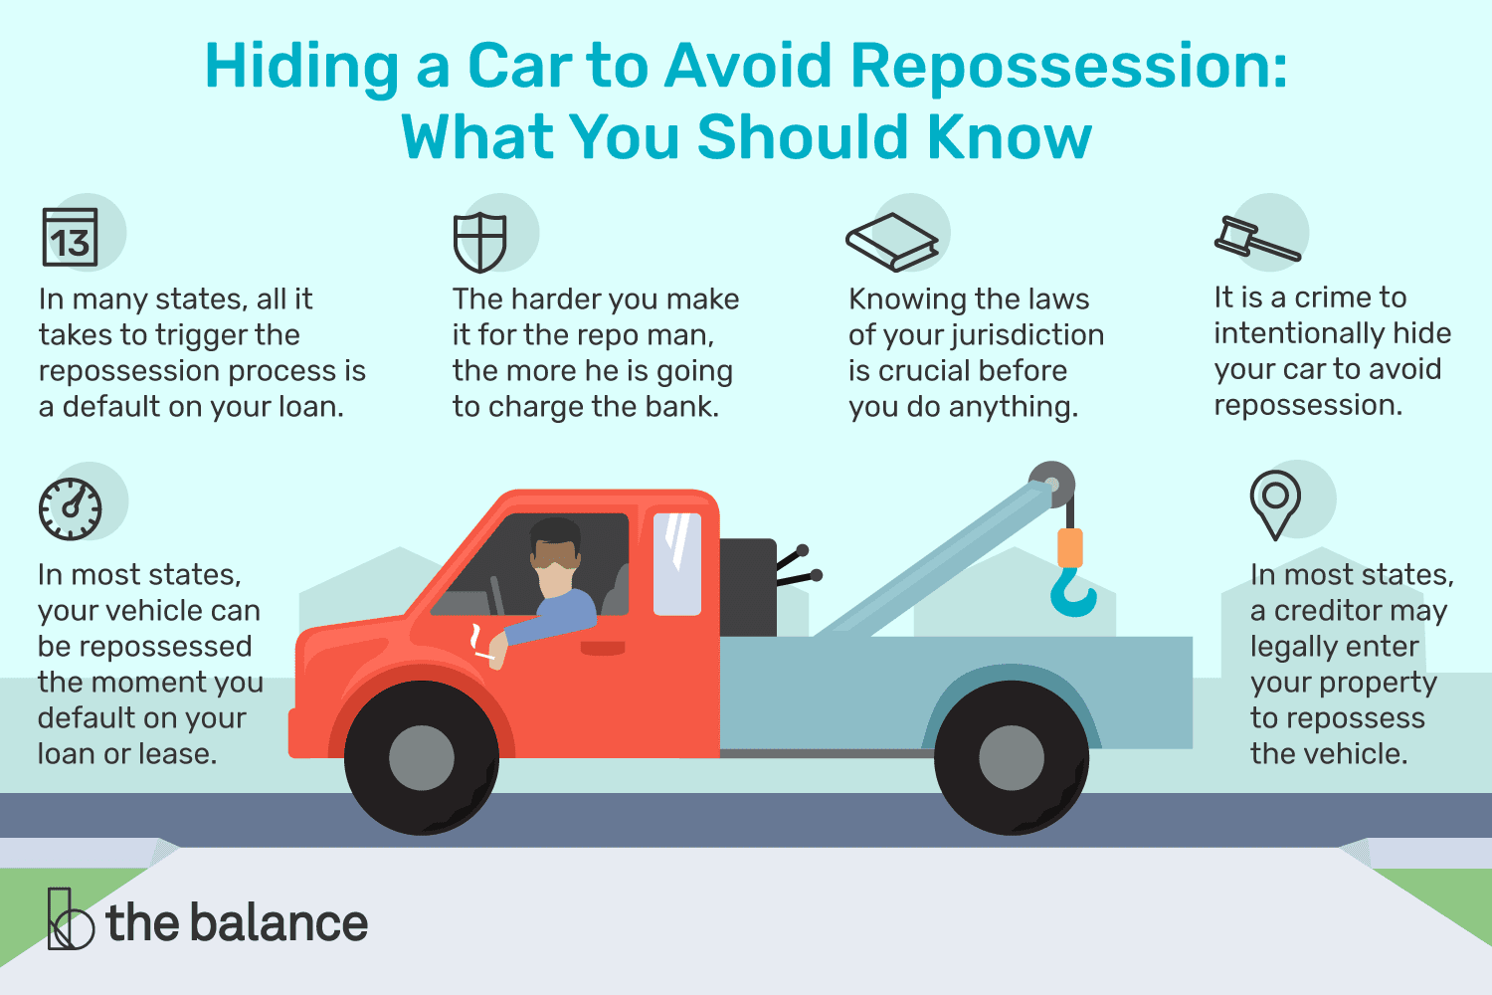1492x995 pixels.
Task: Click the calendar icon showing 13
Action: [70, 238]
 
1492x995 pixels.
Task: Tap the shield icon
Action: [479, 242]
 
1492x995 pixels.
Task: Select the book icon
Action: [892, 242]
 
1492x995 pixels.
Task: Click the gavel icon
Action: [1256, 239]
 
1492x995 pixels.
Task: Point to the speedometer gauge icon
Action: [70, 509]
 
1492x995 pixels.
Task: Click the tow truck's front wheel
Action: [422, 758]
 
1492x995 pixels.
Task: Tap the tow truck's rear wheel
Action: [1011, 758]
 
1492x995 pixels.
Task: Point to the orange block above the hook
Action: [1069, 547]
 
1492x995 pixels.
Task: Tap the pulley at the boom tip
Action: [1051, 485]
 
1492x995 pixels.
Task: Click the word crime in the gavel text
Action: [1329, 298]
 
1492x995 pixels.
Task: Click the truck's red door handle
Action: [603, 648]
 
